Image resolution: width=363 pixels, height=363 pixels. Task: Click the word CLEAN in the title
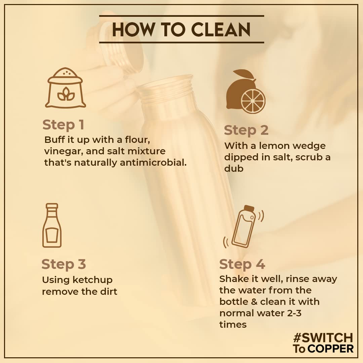221,29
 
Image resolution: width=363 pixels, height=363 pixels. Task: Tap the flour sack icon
66,88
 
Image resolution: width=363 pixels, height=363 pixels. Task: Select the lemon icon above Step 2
246,91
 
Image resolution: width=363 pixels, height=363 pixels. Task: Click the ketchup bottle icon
52,225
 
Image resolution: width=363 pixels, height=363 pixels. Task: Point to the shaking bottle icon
244,227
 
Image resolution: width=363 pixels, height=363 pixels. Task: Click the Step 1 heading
63,125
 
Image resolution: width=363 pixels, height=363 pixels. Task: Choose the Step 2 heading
246,130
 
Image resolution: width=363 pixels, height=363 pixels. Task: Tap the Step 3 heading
64,264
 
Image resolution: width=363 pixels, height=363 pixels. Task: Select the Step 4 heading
242,264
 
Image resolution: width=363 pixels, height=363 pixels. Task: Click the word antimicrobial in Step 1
153,163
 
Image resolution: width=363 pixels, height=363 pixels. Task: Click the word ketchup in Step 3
92,280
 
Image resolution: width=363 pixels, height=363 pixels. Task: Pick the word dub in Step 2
234,168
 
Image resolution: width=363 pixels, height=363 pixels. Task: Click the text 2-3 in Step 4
294,313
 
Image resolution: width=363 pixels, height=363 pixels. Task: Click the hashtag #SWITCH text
323,338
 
